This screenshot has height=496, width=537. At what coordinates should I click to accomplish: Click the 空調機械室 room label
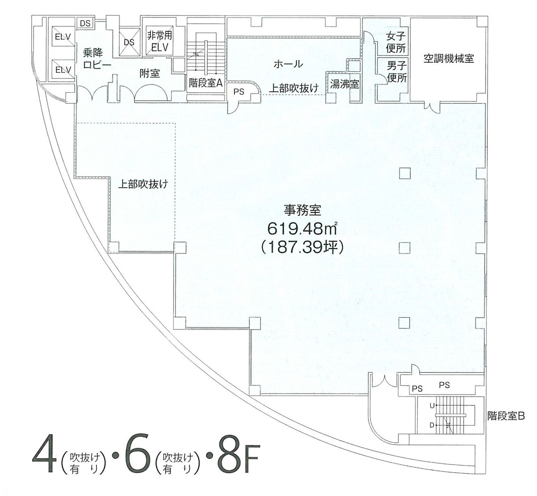[449, 59]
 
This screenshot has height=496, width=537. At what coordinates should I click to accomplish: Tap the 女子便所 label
[396, 42]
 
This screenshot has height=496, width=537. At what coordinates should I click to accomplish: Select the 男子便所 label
[396, 72]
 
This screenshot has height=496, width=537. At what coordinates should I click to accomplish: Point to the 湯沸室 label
[345, 84]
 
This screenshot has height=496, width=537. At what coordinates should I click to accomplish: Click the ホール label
[288, 64]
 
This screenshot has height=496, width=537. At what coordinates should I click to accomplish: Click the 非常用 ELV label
[159, 41]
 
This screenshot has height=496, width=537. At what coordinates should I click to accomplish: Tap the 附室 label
[149, 73]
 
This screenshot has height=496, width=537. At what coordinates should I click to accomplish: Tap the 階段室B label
[506, 416]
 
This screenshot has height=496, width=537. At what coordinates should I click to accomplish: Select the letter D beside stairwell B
[432, 425]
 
